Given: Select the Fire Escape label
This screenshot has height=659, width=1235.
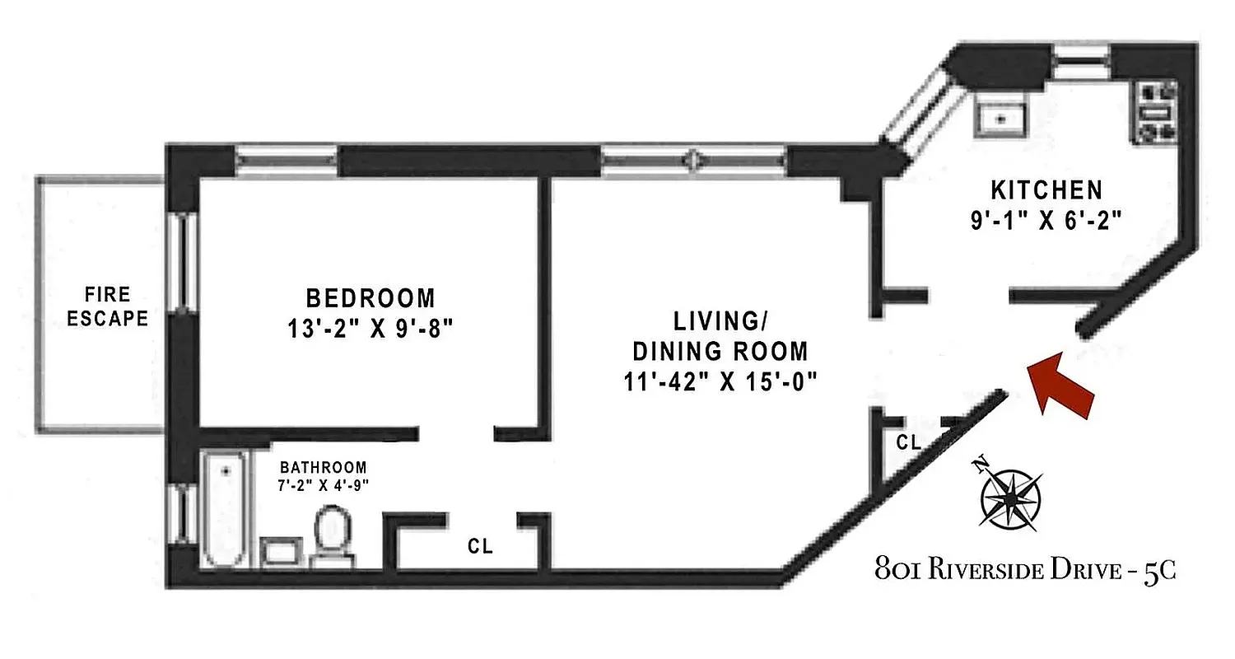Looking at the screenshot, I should pyautogui.click(x=107, y=306).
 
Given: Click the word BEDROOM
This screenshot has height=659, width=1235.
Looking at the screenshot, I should pyautogui.click(x=370, y=297).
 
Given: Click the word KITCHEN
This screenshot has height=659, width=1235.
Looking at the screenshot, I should pyautogui.click(x=1046, y=190).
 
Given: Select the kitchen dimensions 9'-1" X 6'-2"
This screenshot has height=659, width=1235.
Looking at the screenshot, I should pyautogui.click(x=1046, y=221).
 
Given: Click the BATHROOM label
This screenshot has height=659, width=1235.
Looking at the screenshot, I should pyautogui.click(x=322, y=466).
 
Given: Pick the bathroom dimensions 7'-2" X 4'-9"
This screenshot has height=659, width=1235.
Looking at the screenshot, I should pyautogui.click(x=322, y=484).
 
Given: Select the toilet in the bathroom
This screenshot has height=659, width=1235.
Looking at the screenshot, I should pyautogui.click(x=333, y=535).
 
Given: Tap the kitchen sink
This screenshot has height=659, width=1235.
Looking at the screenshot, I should pyautogui.click(x=1000, y=117).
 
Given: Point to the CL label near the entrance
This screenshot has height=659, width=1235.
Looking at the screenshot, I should pyautogui.click(x=908, y=443).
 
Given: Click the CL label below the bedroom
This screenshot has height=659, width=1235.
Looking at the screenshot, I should pyautogui.click(x=480, y=546).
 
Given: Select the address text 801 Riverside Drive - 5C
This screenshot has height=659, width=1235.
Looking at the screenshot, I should pyautogui.click(x=1025, y=571).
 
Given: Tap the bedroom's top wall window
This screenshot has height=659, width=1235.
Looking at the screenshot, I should pyautogui.click(x=286, y=161).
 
